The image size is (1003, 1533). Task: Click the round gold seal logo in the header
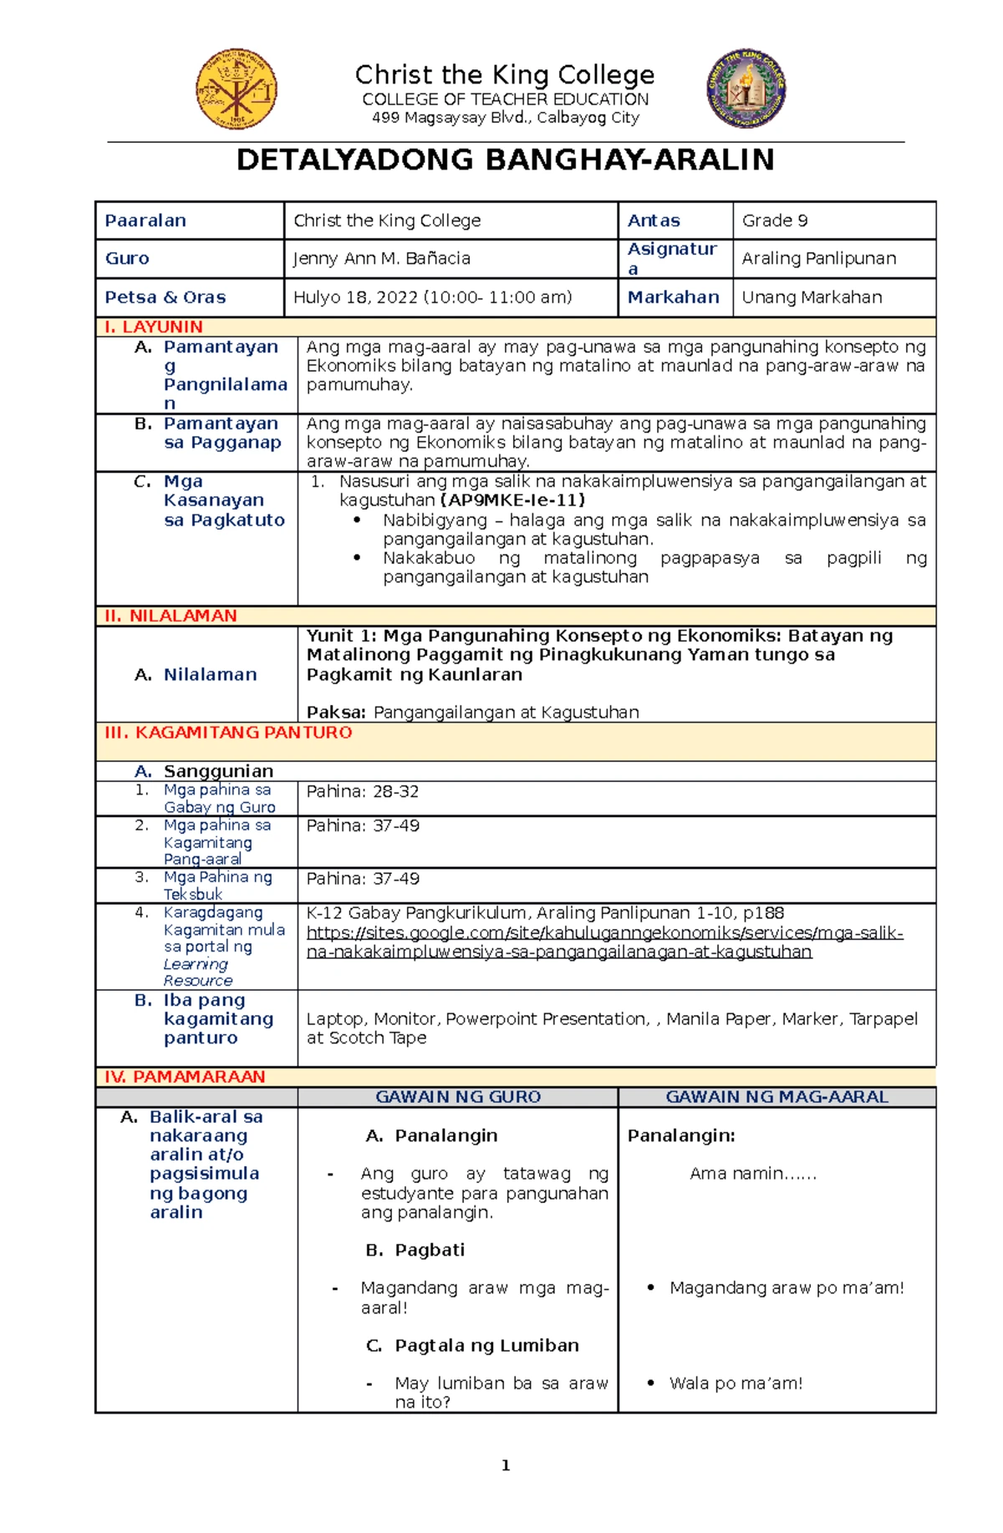(237, 89)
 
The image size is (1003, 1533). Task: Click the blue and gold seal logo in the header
(746, 89)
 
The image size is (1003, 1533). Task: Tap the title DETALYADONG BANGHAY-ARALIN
(505, 160)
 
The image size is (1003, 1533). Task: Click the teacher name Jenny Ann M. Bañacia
(382, 259)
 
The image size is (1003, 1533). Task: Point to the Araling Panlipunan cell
(819, 259)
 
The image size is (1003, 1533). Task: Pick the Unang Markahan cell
(812, 297)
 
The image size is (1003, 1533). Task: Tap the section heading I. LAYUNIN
(153, 327)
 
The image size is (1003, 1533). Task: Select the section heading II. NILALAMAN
(171, 617)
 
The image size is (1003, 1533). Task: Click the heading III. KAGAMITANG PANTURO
(228, 733)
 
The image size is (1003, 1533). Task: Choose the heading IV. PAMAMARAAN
(184, 1077)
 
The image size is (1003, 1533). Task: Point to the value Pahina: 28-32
(363, 792)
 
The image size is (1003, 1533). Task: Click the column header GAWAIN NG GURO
(458, 1097)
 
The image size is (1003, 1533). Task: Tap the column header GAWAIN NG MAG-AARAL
(776, 1097)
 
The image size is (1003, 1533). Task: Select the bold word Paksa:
(336, 713)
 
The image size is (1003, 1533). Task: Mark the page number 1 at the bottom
(506, 1465)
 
